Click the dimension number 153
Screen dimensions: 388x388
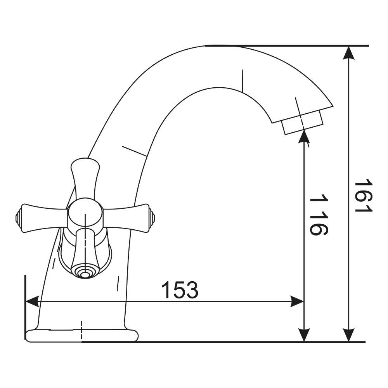click(180, 290)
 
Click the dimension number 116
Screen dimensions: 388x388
click(319, 214)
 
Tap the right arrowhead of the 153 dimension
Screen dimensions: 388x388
click(297, 301)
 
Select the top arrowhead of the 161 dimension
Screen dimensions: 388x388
click(349, 53)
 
